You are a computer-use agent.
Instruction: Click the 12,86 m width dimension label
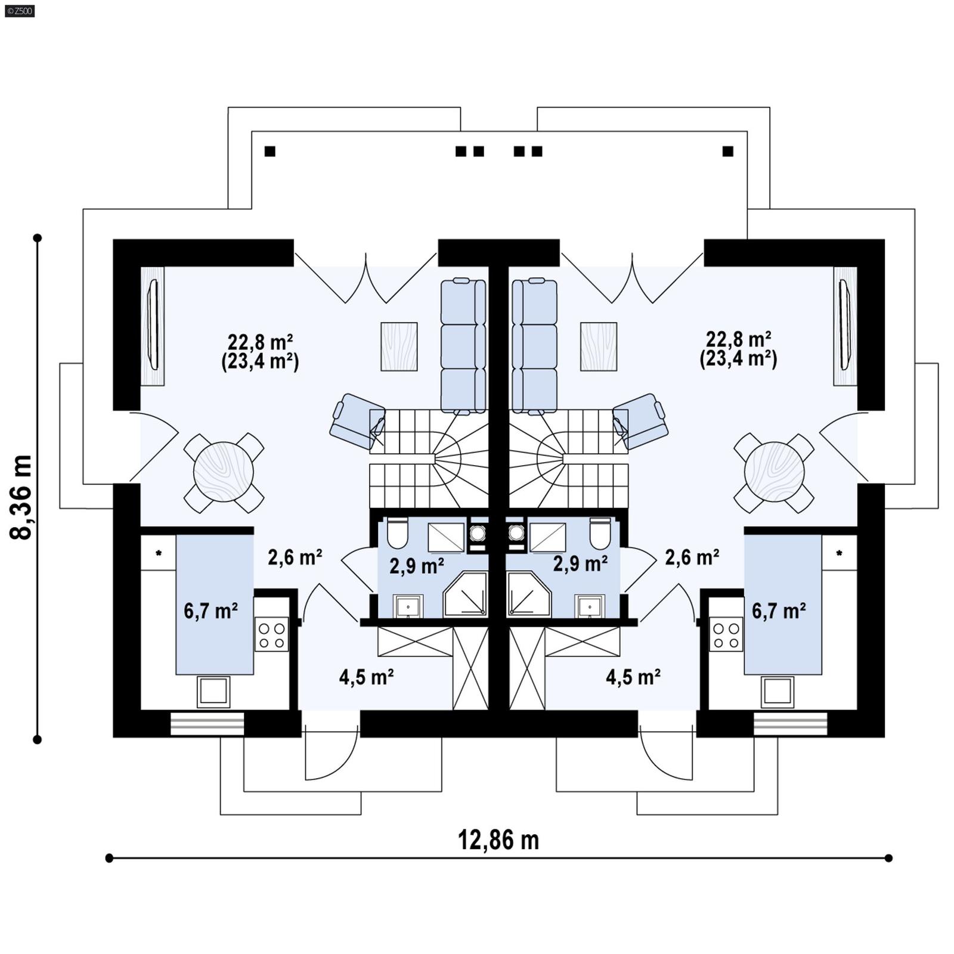pyautogui.click(x=498, y=840)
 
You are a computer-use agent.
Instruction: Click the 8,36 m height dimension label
pyautogui.click(x=21, y=497)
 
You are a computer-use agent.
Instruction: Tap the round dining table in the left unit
pyautogui.click(x=224, y=472)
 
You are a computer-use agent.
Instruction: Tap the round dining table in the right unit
pyautogui.click(x=774, y=472)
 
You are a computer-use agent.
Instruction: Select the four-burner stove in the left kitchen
pyautogui.click(x=271, y=634)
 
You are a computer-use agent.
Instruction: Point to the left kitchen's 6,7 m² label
pyautogui.click(x=210, y=611)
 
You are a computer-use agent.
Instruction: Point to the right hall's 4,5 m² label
pyautogui.click(x=633, y=677)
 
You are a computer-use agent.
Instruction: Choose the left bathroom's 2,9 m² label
pyautogui.click(x=416, y=565)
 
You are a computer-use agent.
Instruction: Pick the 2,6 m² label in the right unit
pyautogui.click(x=692, y=557)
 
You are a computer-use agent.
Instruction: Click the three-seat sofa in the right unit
pyautogui.click(x=534, y=346)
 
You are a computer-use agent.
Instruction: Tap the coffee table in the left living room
pyautogui.click(x=399, y=346)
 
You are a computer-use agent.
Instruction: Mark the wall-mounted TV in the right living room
pyautogui.click(x=844, y=325)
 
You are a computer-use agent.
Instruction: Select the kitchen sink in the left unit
pyautogui.click(x=213, y=692)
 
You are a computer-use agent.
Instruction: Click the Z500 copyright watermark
pyautogui.click(x=19, y=10)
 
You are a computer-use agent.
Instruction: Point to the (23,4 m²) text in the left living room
pyautogui.click(x=260, y=362)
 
